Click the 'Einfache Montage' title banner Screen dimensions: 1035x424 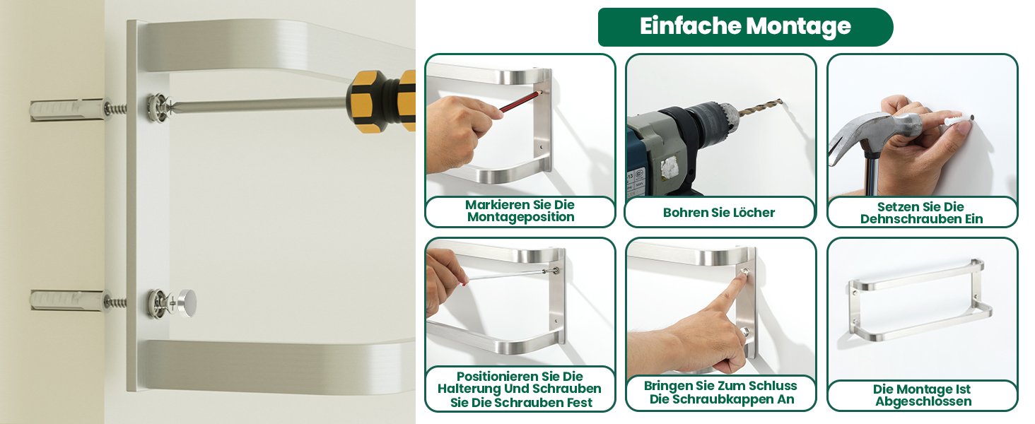[745, 27]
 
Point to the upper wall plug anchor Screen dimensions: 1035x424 [67, 110]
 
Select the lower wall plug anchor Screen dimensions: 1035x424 [67, 300]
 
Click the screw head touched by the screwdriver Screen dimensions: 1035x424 [159, 108]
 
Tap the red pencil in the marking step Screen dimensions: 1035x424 [520, 101]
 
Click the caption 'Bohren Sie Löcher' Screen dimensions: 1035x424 [719, 213]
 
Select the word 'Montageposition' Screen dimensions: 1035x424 [521, 217]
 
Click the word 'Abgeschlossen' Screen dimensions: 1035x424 [923, 401]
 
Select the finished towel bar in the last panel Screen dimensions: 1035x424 [920, 300]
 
